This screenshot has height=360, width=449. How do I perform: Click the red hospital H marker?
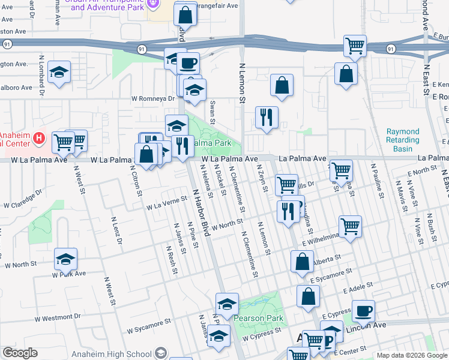(x=39, y=139)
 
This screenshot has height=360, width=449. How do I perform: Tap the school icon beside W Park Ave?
(x=66, y=259)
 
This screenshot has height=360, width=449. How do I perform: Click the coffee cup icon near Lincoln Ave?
(x=363, y=311)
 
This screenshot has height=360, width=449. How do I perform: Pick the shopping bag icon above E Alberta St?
(x=302, y=262)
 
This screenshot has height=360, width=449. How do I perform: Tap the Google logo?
(x=20, y=353)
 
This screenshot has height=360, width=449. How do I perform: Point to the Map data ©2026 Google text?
(x=411, y=355)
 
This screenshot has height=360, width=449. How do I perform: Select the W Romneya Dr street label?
(x=152, y=98)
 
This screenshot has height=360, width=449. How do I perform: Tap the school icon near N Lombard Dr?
(x=59, y=73)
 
